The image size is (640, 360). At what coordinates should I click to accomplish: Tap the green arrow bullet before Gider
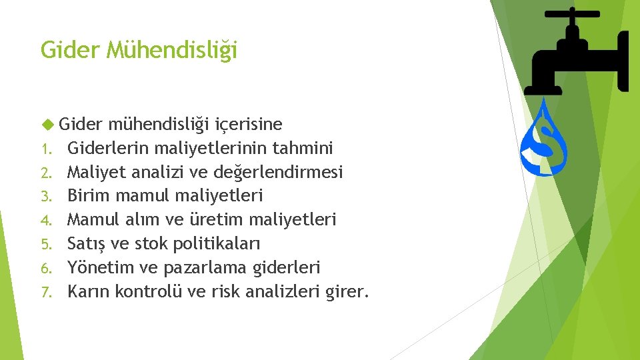47,125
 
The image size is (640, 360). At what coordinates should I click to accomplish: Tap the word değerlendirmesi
279,173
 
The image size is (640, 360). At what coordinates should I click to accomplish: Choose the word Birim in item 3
89,196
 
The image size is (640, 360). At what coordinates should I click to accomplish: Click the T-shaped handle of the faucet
572,14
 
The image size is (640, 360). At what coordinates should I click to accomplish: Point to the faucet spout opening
543,88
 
